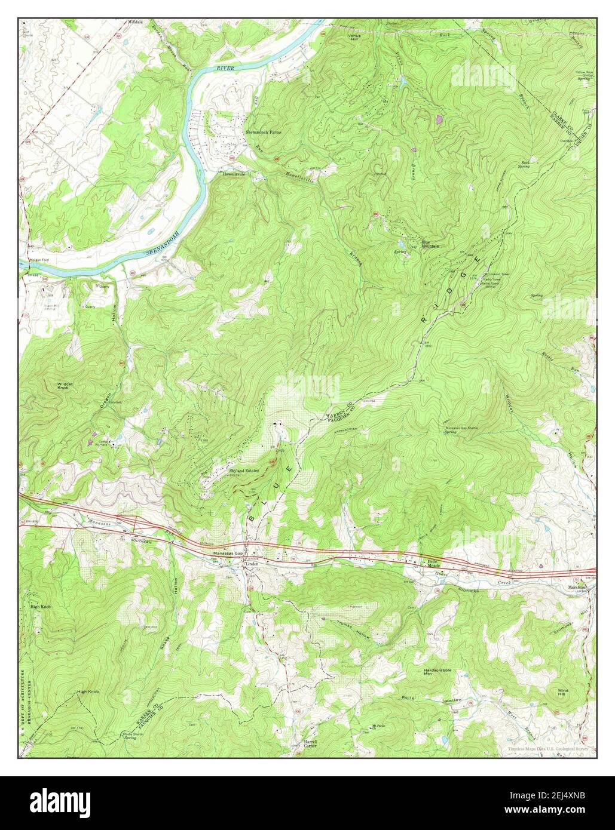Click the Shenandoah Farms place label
tap(264, 131)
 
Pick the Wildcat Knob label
tap(65, 386)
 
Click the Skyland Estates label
tap(244, 471)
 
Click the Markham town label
tap(577, 587)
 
